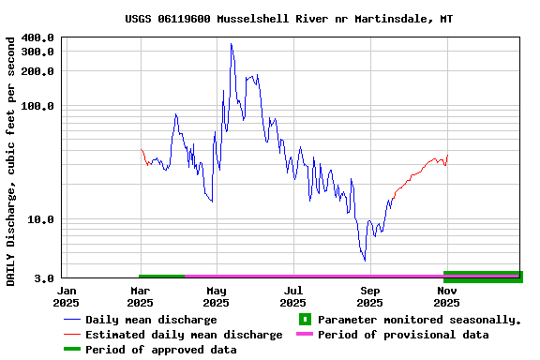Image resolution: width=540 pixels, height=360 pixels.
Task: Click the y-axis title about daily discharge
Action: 11,161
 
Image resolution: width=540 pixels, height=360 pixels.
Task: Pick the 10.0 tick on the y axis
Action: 41,220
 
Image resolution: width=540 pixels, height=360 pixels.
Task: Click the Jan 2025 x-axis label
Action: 66,296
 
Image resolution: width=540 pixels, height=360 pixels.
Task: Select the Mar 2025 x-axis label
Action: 140,296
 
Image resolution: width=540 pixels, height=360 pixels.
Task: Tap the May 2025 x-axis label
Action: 216,296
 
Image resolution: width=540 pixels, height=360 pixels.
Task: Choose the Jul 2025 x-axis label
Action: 293,296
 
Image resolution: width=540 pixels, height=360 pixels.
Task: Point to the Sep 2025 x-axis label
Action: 369,296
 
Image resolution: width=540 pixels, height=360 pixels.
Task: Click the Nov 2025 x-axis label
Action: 446,296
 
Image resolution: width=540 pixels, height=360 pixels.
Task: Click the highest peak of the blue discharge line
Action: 231,44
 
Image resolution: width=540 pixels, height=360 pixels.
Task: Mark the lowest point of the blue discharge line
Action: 365,261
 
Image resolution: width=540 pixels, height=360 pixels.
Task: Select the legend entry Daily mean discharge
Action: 151,320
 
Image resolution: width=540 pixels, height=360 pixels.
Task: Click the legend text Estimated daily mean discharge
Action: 184,335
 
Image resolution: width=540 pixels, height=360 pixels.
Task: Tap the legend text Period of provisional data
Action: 403,335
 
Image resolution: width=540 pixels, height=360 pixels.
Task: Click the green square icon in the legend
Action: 304,320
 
